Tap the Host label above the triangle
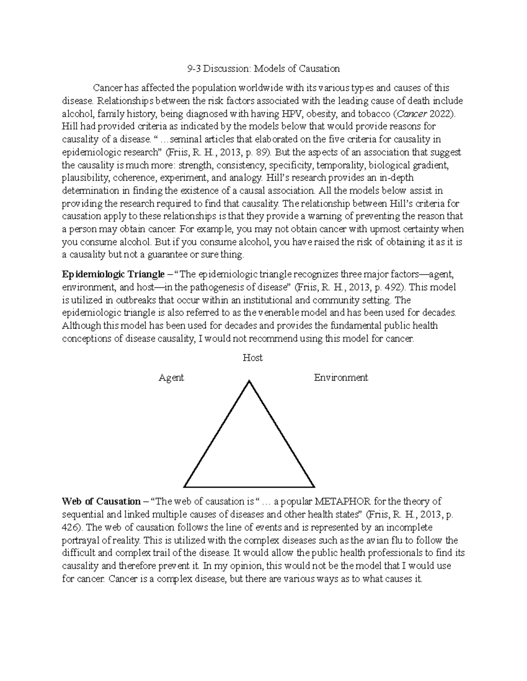pos(253,358)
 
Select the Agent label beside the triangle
pos(171,378)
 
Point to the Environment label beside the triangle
pos(341,378)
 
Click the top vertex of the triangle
pos(249,381)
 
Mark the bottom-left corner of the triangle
pos(185,486)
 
